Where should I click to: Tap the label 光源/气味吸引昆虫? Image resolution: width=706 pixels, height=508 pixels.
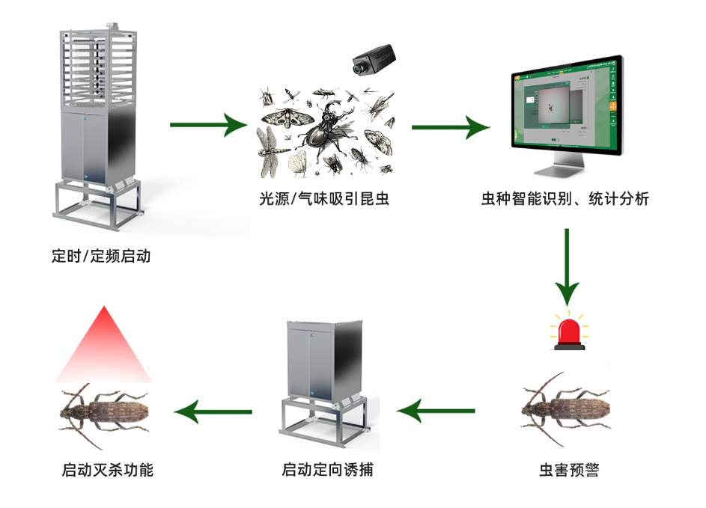coord(324,199)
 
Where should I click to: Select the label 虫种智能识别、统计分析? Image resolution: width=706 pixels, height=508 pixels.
coord(565,199)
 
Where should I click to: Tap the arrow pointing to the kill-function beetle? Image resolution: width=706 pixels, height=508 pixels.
coord(213,411)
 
